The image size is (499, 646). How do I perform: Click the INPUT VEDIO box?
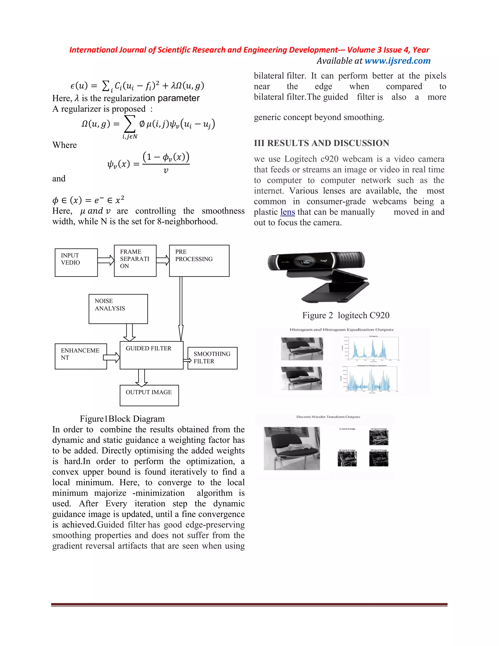point(76,262)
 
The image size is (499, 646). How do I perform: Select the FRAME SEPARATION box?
point(135,261)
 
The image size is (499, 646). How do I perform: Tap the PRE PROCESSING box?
point(199,261)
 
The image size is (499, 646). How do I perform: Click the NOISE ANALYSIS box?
point(118,309)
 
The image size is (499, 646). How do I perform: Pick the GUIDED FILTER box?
point(151,355)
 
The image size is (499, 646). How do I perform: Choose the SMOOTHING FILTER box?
point(212,358)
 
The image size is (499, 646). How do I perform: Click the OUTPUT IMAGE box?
point(149,395)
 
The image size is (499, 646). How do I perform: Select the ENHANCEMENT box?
point(80,356)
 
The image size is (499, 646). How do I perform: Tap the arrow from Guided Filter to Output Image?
point(142,378)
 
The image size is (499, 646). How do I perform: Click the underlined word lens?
point(287,212)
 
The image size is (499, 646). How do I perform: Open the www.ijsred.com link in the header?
point(397,61)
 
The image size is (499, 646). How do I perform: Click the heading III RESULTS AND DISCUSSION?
point(321,143)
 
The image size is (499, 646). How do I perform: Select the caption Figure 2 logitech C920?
point(345,315)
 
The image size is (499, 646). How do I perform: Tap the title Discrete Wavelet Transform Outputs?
point(328,417)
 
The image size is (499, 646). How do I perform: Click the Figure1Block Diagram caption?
point(122,419)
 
